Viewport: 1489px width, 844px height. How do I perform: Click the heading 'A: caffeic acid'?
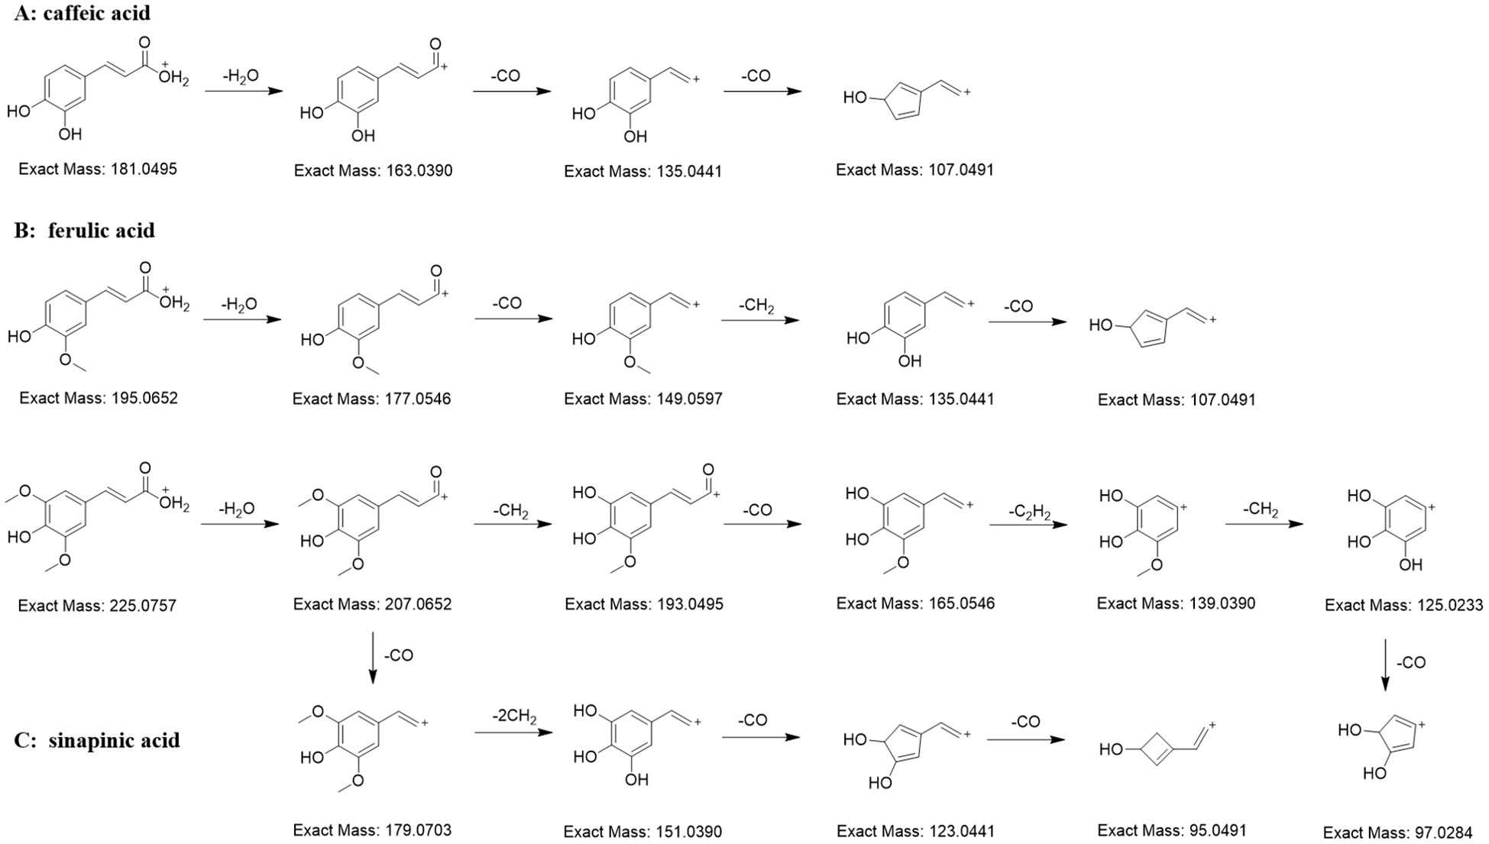(x=83, y=13)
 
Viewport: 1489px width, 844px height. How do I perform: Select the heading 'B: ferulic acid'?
(x=85, y=230)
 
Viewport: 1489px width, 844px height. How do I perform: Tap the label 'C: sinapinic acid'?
(x=97, y=740)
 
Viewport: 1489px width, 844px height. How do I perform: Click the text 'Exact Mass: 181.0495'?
(x=98, y=169)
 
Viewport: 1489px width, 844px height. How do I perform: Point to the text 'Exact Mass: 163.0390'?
(x=373, y=170)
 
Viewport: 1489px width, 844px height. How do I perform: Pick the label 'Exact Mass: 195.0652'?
(x=99, y=398)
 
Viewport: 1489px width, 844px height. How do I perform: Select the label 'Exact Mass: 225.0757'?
(x=97, y=606)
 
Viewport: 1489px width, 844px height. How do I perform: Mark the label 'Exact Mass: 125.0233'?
(x=1403, y=605)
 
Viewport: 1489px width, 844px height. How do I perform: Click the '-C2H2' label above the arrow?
(x=1029, y=509)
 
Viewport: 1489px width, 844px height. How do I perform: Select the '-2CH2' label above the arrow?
(x=514, y=718)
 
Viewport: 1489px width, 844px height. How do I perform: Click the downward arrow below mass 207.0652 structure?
(x=373, y=656)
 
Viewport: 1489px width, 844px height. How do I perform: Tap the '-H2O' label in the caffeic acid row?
(x=240, y=76)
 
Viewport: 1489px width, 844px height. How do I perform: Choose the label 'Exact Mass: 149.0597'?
(x=643, y=399)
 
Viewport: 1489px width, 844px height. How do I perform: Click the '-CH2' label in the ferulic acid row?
(x=756, y=306)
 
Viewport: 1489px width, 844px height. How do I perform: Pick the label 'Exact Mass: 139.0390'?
(x=1176, y=603)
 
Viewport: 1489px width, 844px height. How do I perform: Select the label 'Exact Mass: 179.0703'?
(x=372, y=830)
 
